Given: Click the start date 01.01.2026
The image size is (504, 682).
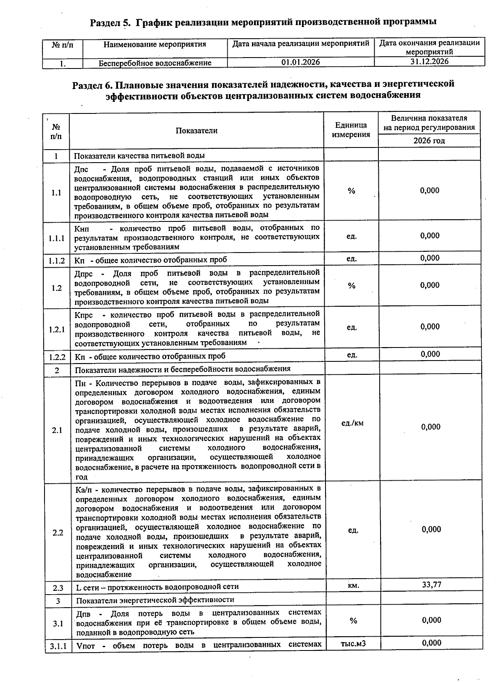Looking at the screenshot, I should [300, 62].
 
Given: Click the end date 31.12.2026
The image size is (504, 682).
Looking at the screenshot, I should [429, 61].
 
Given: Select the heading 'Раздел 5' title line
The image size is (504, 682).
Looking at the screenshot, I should [263, 22].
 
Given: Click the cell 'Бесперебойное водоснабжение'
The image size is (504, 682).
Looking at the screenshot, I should [155, 63].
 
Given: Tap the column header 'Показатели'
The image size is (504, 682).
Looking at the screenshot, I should [197, 131].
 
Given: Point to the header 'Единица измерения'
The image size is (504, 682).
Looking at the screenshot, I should [351, 130].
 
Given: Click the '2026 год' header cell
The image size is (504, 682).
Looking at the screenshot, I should [429, 141].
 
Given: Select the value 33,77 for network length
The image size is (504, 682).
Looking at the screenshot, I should [431, 585].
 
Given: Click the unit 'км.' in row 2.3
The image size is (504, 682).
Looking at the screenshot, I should [353, 585].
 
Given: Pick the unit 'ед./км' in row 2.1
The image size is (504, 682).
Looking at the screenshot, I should [352, 423].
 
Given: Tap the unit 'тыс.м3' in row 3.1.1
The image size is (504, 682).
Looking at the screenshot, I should [353, 643].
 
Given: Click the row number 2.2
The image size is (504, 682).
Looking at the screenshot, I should [58, 532].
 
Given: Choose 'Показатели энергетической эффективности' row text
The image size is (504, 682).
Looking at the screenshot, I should [155, 600].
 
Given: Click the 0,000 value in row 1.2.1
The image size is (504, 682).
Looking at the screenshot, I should [430, 327].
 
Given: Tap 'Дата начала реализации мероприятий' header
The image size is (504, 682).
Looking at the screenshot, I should [300, 44].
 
